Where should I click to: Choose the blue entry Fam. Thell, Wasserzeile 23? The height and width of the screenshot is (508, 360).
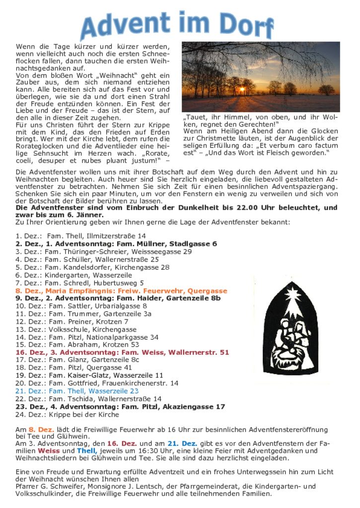click(x=77, y=391)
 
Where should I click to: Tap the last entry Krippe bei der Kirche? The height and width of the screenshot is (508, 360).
click(x=67, y=414)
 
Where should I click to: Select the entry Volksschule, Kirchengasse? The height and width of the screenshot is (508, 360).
click(x=75, y=329)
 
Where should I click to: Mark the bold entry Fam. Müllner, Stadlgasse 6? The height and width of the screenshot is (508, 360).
click(x=116, y=244)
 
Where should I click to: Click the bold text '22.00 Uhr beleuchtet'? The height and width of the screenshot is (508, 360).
click(x=281, y=208)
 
